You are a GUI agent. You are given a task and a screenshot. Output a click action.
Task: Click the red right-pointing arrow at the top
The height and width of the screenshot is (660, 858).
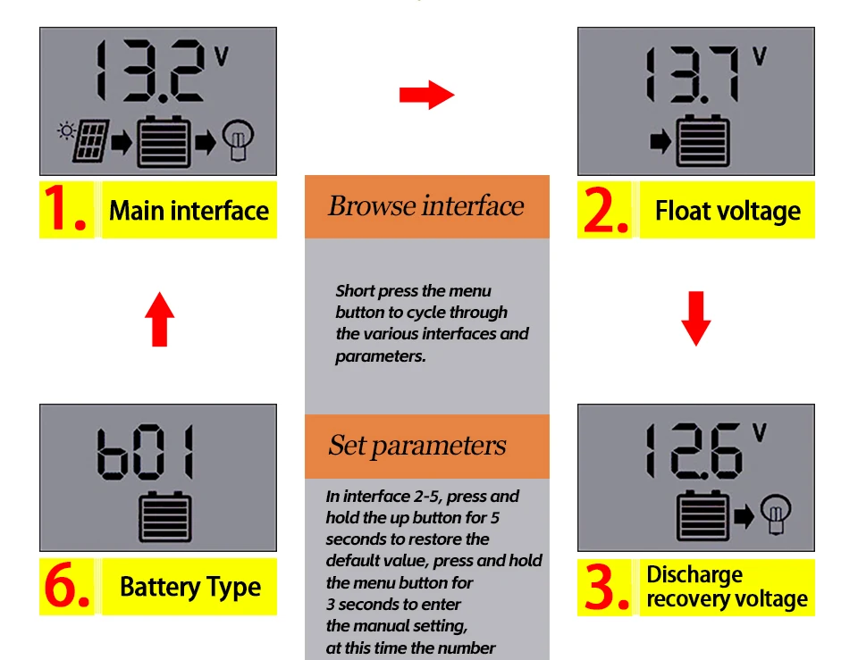coord(426,95)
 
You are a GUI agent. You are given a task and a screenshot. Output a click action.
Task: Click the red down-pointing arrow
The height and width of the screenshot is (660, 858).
coord(695,318)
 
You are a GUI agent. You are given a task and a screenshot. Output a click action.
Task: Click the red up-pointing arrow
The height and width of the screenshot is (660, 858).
coord(159,319)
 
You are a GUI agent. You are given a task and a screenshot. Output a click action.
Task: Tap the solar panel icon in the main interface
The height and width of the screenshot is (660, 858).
coord(90,141)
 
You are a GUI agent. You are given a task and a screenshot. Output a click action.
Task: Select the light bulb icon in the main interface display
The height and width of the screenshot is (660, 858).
coord(238,139)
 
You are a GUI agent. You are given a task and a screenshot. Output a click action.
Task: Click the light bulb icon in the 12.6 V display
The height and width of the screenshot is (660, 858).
coord(776,513)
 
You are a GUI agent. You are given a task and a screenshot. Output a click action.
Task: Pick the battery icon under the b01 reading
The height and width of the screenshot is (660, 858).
coord(164,516)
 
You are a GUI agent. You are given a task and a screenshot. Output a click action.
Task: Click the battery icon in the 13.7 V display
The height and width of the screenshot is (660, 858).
coord(702,140)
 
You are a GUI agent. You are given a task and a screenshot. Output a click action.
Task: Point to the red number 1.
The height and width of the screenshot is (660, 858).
coord(64,208)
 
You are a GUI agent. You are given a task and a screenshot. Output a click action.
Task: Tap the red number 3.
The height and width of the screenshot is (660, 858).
coord(606,586)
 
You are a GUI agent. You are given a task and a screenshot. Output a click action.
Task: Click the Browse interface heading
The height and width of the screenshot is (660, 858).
coord(425,205)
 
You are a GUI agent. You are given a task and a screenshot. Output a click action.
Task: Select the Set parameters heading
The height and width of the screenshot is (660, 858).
coord(417,445)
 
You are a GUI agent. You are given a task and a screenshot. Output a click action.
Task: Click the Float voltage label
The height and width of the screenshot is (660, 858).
coord(728,211)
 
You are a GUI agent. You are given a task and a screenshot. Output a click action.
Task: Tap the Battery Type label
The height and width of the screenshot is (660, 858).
coord(189,588)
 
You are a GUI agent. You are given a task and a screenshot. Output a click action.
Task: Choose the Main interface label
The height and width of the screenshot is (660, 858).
coord(189,211)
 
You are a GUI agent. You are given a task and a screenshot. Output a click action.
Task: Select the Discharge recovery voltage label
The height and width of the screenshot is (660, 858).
coord(727,587)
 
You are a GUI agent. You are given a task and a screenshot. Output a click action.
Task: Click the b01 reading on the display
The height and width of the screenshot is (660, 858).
coord(145,452)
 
